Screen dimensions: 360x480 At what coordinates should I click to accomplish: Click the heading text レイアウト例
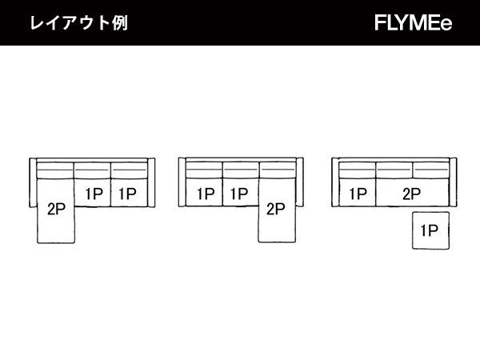(78, 22)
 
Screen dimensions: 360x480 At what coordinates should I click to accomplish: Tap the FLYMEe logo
(413, 23)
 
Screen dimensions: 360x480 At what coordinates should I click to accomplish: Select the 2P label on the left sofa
(57, 210)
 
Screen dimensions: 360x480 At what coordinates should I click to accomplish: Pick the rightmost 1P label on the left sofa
(128, 193)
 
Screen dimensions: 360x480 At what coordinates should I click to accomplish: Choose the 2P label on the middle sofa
(275, 210)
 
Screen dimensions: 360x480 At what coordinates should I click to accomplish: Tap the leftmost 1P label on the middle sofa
(205, 193)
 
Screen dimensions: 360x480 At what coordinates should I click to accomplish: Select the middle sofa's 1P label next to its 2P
(240, 193)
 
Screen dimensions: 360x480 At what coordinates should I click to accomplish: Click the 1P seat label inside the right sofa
(357, 193)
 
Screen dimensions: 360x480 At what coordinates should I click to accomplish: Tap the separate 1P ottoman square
(430, 231)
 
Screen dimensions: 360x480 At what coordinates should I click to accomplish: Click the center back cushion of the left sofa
(92, 170)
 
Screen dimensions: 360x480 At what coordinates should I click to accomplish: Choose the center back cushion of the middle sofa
(240, 170)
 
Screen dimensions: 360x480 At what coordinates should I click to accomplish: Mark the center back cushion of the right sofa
(394, 170)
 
